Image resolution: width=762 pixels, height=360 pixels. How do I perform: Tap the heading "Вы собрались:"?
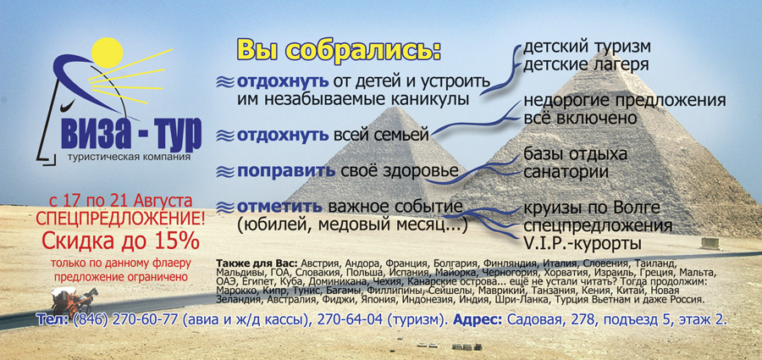pyautogui.click(x=339, y=49)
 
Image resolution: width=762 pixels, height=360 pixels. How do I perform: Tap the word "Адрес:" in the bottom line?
pyautogui.click(x=479, y=320)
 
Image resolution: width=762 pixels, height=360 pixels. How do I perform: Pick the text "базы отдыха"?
pyautogui.click(x=575, y=154)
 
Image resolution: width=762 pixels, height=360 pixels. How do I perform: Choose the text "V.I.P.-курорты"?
pyautogui.click(x=587, y=244)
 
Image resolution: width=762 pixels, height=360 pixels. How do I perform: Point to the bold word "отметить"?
pyautogui.click(x=279, y=207)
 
